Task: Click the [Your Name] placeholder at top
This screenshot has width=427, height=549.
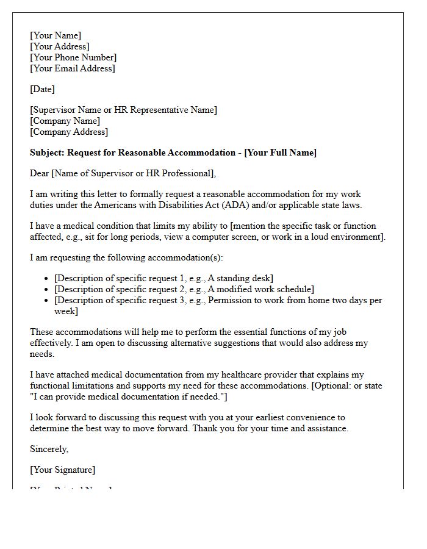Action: pyautogui.click(x=56, y=35)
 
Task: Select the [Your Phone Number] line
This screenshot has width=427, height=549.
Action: pyautogui.click(x=73, y=57)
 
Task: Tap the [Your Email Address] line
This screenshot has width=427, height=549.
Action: pyautogui.click(x=72, y=68)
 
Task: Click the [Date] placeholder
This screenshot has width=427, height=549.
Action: pyautogui.click(x=42, y=89)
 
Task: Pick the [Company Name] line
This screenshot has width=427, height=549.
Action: pyautogui.click(x=65, y=121)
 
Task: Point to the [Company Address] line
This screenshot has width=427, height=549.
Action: pyautogui.click(x=69, y=132)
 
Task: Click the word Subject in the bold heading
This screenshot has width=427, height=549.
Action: pyautogui.click(x=46, y=152)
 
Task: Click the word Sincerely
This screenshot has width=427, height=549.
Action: pyautogui.click(x=49, y=449)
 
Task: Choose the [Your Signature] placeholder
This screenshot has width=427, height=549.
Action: pyautogui.click(x=62, y=470)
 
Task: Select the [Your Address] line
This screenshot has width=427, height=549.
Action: pyautogui.click(x=60, y=46)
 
